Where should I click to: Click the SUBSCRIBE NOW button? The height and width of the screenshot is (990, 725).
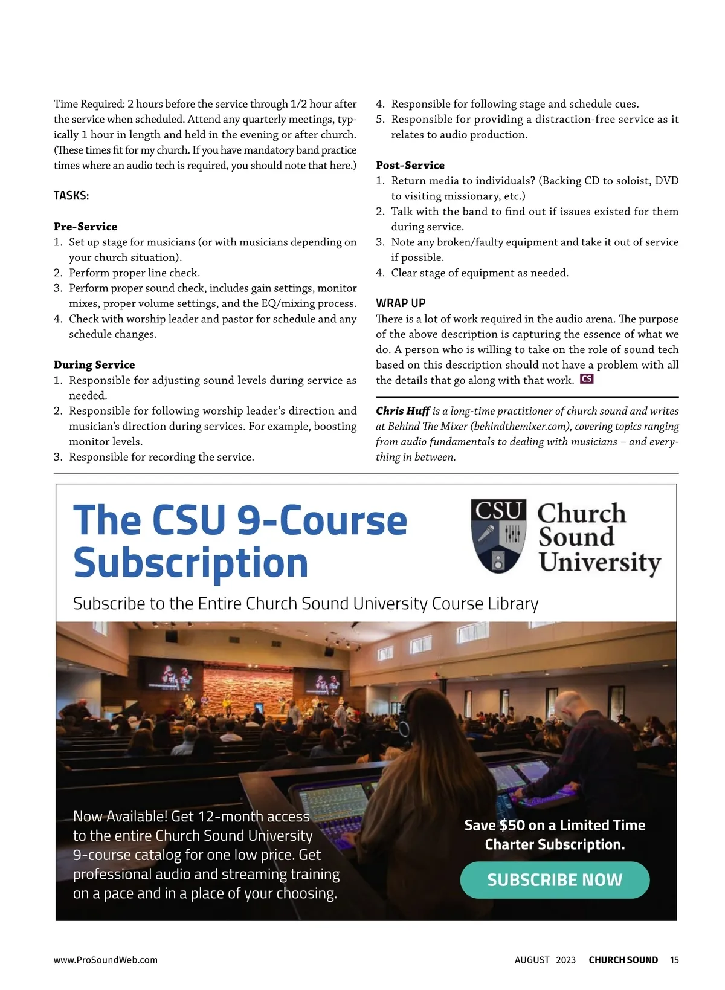pyautogui.click(x=555, y=880)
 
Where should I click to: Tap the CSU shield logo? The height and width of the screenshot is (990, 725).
pyautogui.click(x=498, y=536)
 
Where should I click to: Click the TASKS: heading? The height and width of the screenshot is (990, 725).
pyautogui.click(x=71, y=196)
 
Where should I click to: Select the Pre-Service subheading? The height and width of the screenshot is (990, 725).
pyautogui.click(x=85, y=227)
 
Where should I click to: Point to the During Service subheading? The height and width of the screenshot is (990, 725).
pyautogui.click(x=94, y=365)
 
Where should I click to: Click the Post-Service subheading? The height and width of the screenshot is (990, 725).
pyautogui.click(x=410, y=165)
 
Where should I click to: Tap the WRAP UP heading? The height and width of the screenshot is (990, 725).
pyautogui.click(x=401, y=303)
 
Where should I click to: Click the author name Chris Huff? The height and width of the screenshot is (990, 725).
pyautogui.click(x=402, y=411)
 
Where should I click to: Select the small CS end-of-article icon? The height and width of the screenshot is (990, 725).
pyautogui.click(x=587, y=380)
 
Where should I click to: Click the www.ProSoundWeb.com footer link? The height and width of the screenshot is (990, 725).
pyautogui.click(x=106, y=960)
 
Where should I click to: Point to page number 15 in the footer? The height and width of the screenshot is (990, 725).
pyautogui.click(x=674, y=960)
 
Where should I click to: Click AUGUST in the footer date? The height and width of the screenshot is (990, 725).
pyautogui.click(x=532, y=960)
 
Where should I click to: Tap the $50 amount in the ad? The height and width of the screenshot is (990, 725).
pyautogui.click(x=512, y=826)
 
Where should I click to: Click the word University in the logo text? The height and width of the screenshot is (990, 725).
pyautogui.click(x=599, y=562)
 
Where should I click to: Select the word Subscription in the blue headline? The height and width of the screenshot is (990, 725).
pyautogui.click(x=191, y=563)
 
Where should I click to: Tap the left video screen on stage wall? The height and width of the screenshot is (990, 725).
pyautogui.click(x=176, y=676)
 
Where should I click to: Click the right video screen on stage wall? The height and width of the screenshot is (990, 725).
pyautogui.click(x=322, y=682)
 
